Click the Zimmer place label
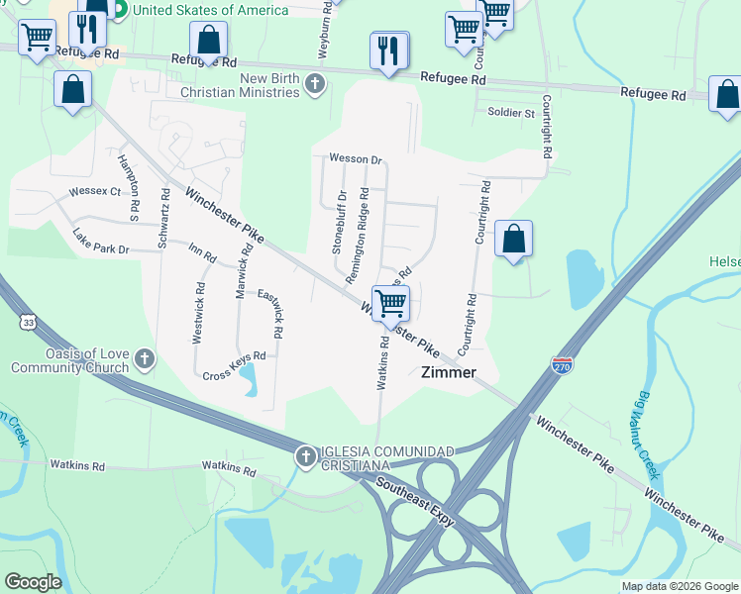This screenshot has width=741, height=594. coord(449,373)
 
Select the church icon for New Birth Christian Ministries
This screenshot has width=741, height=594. coord(315,84)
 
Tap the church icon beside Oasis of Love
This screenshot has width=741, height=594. coord(145,358)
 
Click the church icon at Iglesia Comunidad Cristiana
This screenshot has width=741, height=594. coord(304,456)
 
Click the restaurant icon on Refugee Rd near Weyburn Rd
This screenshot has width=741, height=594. coord(389,50)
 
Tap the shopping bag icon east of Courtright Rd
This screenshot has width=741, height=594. coord(513,240)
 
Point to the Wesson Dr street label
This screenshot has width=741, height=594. coord(356,159)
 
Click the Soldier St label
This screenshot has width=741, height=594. coord(510,113)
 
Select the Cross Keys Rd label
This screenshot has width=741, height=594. coord(234,365)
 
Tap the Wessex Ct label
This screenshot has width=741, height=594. coord(94,191)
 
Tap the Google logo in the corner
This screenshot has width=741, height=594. coord(33,582)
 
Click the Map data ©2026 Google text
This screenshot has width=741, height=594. coord(680,586)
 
